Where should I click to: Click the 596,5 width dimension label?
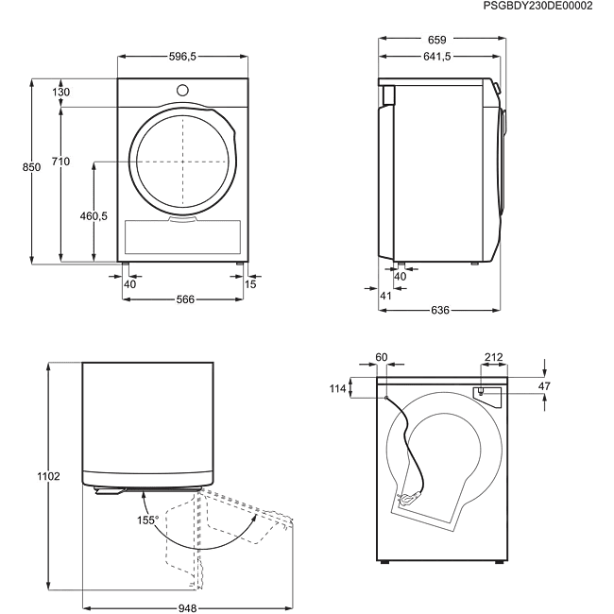pyautogui.click(x=182, y=57)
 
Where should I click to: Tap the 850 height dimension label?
pyautogui.click(x=31, y=167)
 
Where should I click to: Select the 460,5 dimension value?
pyautogui.click(x=94, y=215)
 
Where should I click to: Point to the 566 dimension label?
pyautogui.click(x=185, y=299)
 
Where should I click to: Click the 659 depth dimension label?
pyautogui.click(x=437, y=40)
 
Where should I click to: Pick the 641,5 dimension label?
pyautogui.click(x=437, y=57)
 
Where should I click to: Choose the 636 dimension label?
pyautogui.click(x=440, y=310)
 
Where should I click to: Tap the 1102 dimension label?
pyautogui.click(x=48, y=476)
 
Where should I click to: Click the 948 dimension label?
pyautogui.click(x=188, y=608)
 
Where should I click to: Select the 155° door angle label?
pyautogui.click(x=148, y=520)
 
